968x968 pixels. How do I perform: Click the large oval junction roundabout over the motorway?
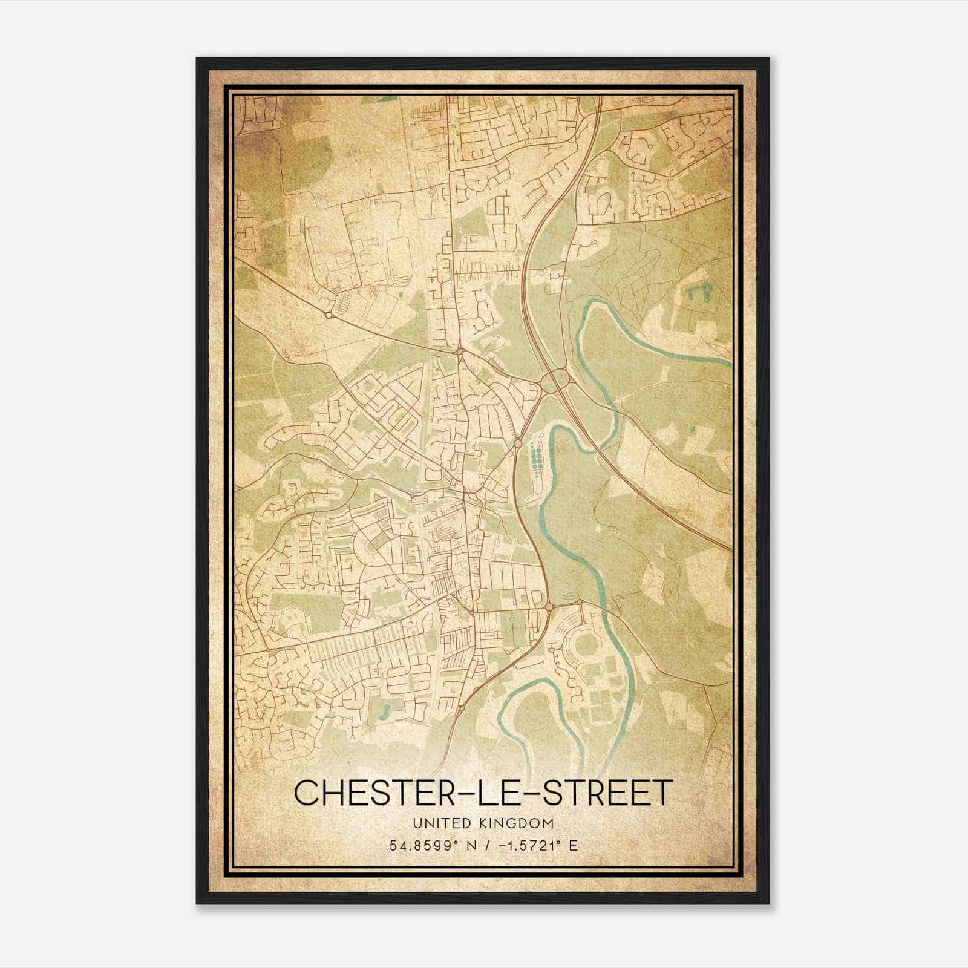555,381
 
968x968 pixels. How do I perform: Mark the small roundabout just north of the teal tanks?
518,443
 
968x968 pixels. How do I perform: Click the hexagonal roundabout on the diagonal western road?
328,315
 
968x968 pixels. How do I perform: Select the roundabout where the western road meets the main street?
460,351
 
